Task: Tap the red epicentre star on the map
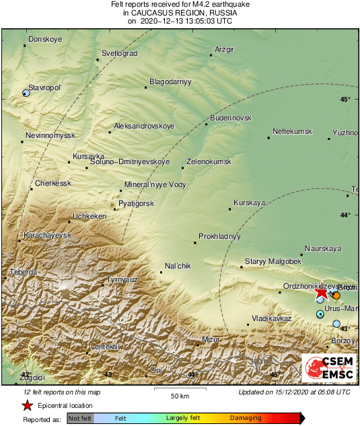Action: click(x=322, y=293)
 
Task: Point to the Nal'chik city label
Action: click(x=178, y=267)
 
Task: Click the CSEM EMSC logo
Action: click(x=329, y=367)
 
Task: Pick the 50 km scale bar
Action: click(x=178, y=390)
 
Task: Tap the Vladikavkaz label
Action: click(x=271, y=318)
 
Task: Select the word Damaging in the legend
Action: click(x=246, y=418)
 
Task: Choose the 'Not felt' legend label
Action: click(x=80, y=418)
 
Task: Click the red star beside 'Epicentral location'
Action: click(x=27, y=406)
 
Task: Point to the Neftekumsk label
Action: click(x=292, y=131)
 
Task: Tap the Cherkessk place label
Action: click(x=52, y=183)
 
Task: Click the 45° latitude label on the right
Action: click(x=345, y=100)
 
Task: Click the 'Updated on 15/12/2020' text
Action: click(x=294, y=392)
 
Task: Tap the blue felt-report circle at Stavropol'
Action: click(x=26, y=93)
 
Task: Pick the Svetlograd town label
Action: click(x=119, y=53)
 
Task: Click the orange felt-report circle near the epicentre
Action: click(x=336, y=295)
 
